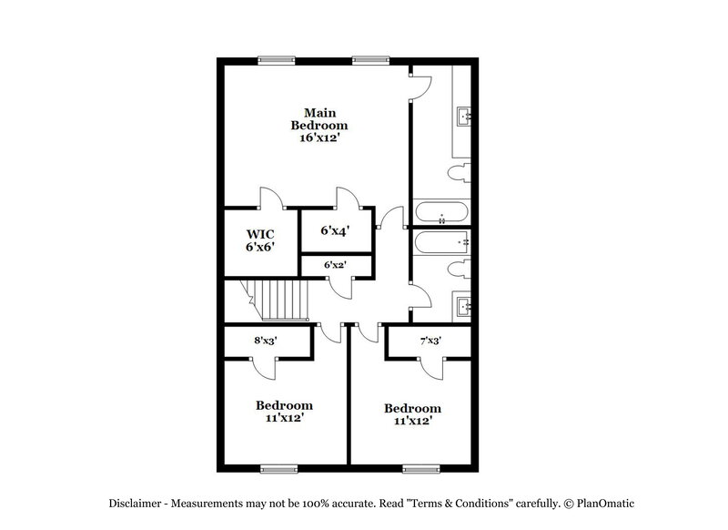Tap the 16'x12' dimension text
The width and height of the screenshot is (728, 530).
pyautogui.click(x=318, y=138)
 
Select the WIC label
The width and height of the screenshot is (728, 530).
pyautogui.click(x=254, y=232)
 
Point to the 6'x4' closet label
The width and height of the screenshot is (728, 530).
pyautogui.click(x=336, y=231)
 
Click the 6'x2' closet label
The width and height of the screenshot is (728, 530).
pyautogui.click(x=336, y=264)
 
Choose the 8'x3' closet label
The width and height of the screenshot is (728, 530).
pyautogui.click(x=267, y=341)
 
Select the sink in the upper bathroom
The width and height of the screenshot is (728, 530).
pyautogui.click(x=462, y=116)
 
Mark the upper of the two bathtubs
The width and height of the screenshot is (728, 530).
pyautogui.click(x=441, y=214)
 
